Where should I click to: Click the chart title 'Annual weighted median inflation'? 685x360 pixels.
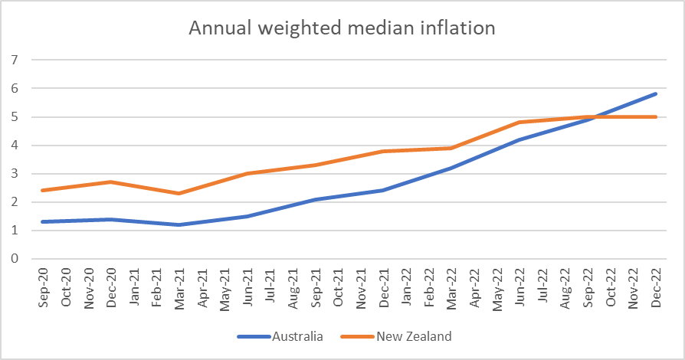[x=342, y=28]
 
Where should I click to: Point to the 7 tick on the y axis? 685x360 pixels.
[x=13, y=60]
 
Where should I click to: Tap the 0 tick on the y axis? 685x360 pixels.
[x=13, y=259]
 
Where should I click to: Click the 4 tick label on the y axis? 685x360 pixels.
[x=13, y=146]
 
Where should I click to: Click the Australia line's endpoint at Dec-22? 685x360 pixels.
[x=656, y=93]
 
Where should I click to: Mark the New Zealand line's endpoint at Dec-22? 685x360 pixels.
[x=656, y=116]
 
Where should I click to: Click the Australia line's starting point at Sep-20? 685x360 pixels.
[x=42, y=222]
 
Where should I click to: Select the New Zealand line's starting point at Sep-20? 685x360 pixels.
[x=42, y=191]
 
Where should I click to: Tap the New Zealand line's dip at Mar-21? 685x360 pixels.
[x=179, y=193]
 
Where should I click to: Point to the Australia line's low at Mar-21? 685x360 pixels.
[x=179, y=224]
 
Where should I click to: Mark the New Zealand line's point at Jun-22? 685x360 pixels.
[x=519, y=122]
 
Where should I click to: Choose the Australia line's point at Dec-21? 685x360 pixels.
[x=383, y=190]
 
